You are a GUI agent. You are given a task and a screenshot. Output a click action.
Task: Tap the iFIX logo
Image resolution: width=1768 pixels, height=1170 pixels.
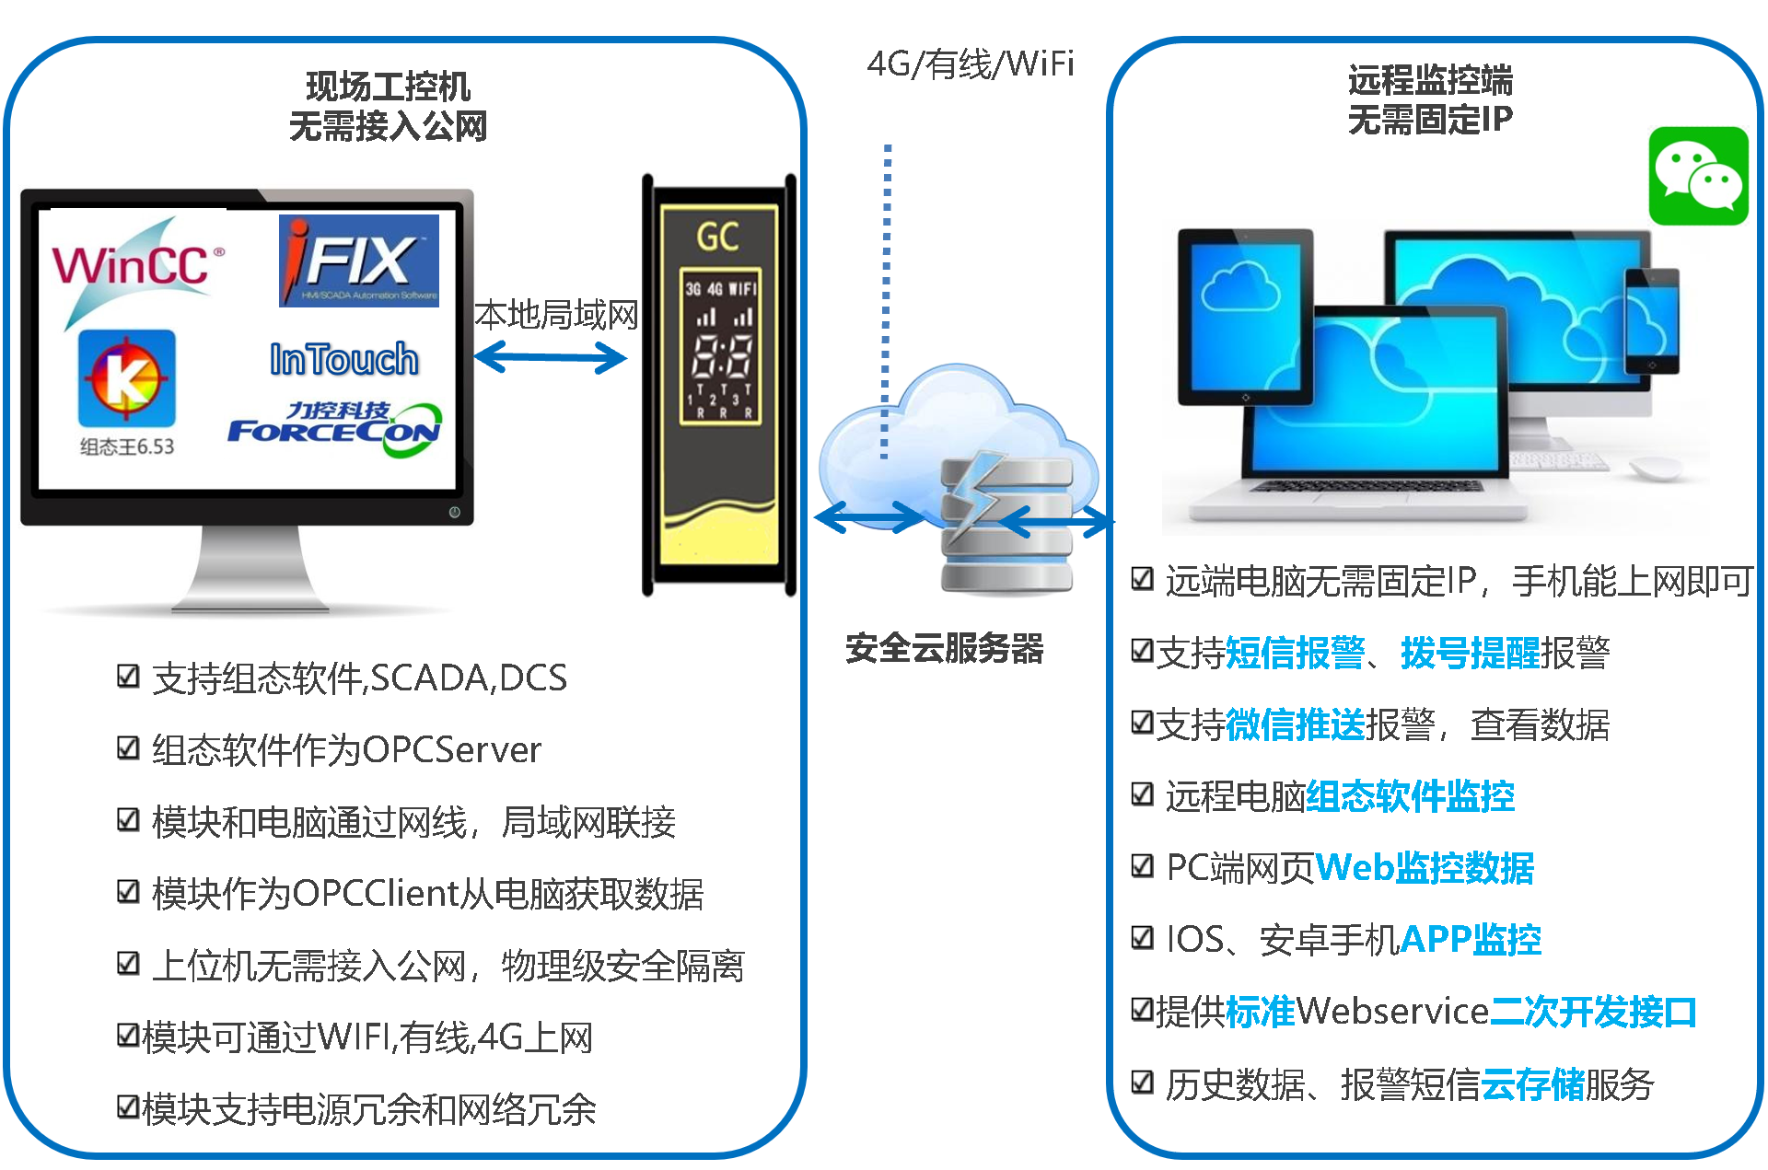click(x=359, y=261)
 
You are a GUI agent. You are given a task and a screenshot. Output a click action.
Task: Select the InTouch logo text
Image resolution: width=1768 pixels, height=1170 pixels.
click(x=344, y=359)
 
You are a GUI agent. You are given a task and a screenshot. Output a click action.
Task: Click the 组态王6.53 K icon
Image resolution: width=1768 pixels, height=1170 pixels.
click(x=127, y=378)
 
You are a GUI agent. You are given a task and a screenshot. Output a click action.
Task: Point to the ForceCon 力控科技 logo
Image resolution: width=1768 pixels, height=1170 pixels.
click(x=335, y=428)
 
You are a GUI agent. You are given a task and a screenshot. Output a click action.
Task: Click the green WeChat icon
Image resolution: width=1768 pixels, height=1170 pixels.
click(x=1698, y=176)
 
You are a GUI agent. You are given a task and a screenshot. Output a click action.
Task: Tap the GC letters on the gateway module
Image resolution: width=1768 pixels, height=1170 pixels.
click(x=718, y=237)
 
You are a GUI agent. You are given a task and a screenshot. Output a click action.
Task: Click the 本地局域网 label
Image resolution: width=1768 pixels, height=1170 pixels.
click(x=556, y=315)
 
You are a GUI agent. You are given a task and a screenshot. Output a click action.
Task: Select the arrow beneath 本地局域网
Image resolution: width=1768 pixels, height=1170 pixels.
click(x=551, y=357)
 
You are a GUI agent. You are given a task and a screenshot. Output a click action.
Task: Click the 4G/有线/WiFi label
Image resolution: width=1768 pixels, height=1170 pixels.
click(x=971, y=64)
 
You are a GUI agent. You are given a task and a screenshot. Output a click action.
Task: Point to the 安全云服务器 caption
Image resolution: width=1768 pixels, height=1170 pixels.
click(x=944, y=649)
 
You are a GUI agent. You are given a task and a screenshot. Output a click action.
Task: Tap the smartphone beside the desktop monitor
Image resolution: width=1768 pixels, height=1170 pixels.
click(x=1652, y=320)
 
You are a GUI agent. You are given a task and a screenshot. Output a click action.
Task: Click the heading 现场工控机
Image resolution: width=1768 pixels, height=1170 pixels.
click(x=388, y=87)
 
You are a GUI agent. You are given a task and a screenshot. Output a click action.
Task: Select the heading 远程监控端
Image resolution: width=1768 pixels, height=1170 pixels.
click(x=1430, y=80)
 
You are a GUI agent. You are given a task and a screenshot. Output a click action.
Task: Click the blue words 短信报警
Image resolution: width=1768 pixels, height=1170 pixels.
click(x=1295, y=653)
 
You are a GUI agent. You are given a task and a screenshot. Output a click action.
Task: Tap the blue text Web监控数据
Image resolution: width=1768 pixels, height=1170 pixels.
click(x=1425, y=868)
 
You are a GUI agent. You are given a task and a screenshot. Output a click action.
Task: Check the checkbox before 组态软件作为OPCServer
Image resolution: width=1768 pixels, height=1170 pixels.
click(x=128, y=748)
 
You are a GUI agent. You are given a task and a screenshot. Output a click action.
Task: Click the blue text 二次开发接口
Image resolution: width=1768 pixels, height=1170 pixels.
click(x=1593, y=1012)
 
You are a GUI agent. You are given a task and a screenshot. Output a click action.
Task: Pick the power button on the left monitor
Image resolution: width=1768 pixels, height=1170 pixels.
click(x=454, y=512)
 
